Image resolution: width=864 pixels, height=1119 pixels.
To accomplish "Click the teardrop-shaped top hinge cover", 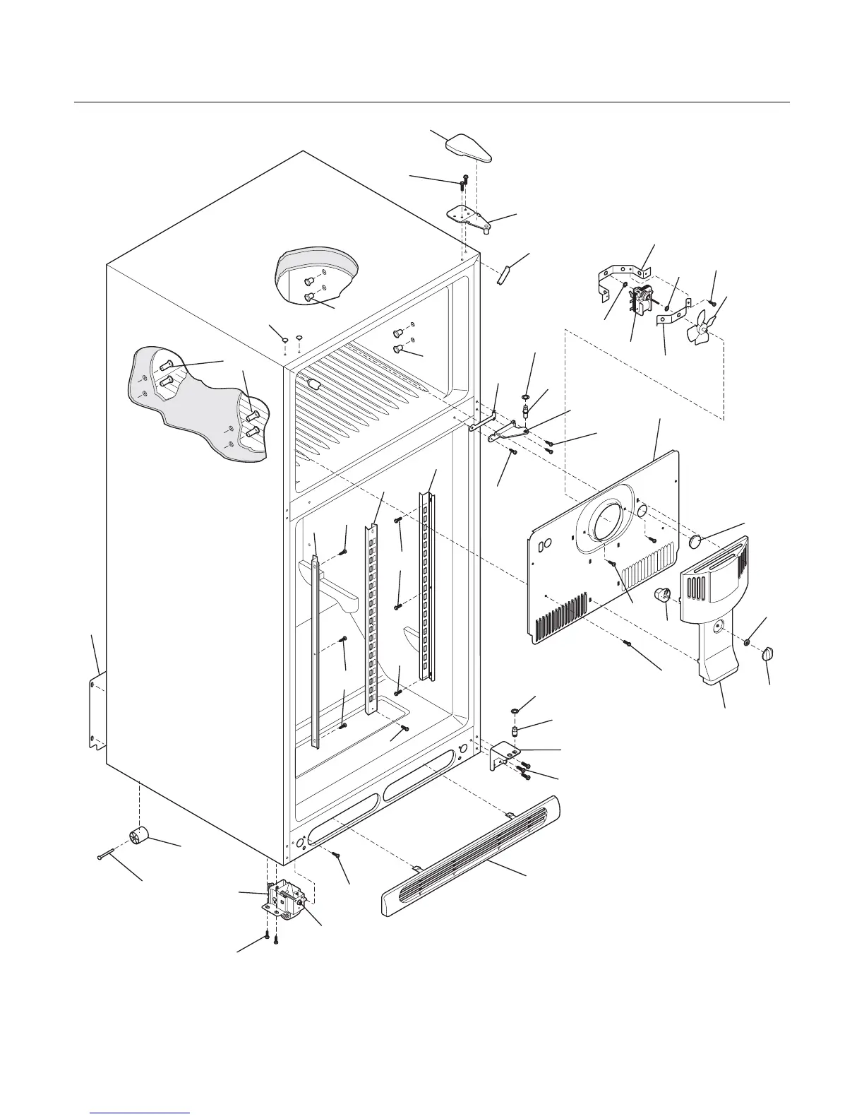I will (469, 148).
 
